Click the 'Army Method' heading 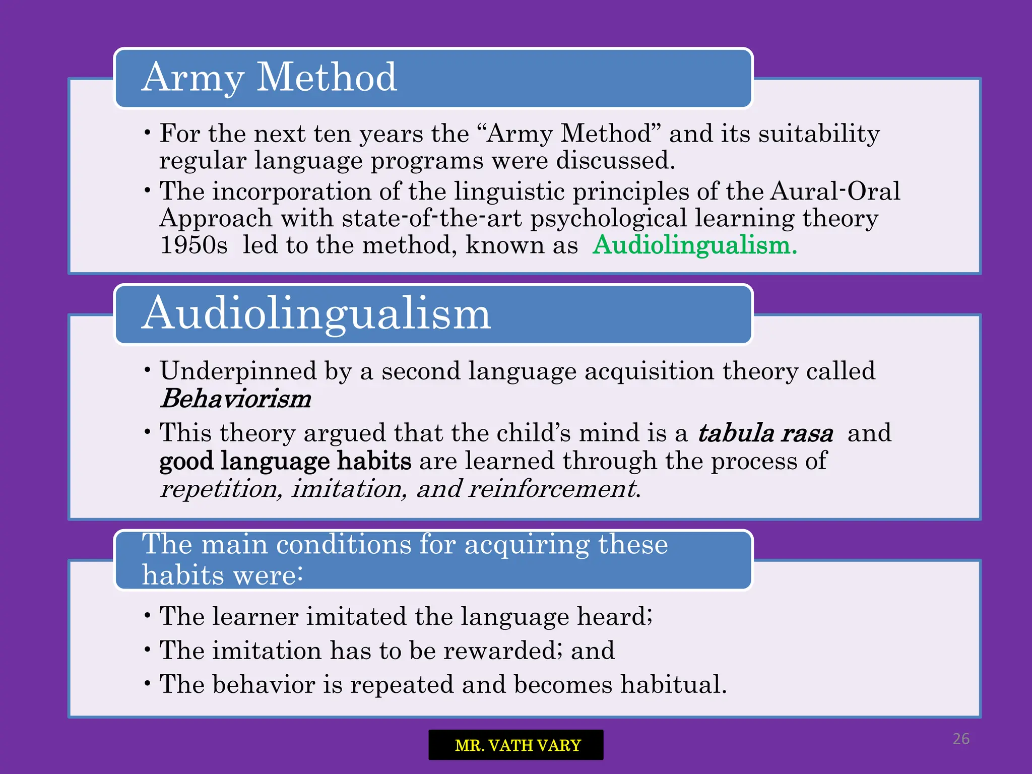coord(269,78)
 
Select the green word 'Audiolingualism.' coord(694,245)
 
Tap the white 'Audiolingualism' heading coord(316,314)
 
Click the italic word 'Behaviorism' coord(236,399)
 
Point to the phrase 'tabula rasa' coord(765,433)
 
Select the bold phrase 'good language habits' coord(285,461)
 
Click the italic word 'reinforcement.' coord(554,489)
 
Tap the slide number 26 coord(960,739)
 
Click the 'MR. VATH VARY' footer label coord(517,745)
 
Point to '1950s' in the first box coord(193,245)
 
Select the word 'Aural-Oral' coord(835,191)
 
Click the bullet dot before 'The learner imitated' coord(147,616)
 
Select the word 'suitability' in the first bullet coord(819,134)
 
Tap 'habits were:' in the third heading coord(222,575)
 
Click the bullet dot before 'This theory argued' coord(147,432)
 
